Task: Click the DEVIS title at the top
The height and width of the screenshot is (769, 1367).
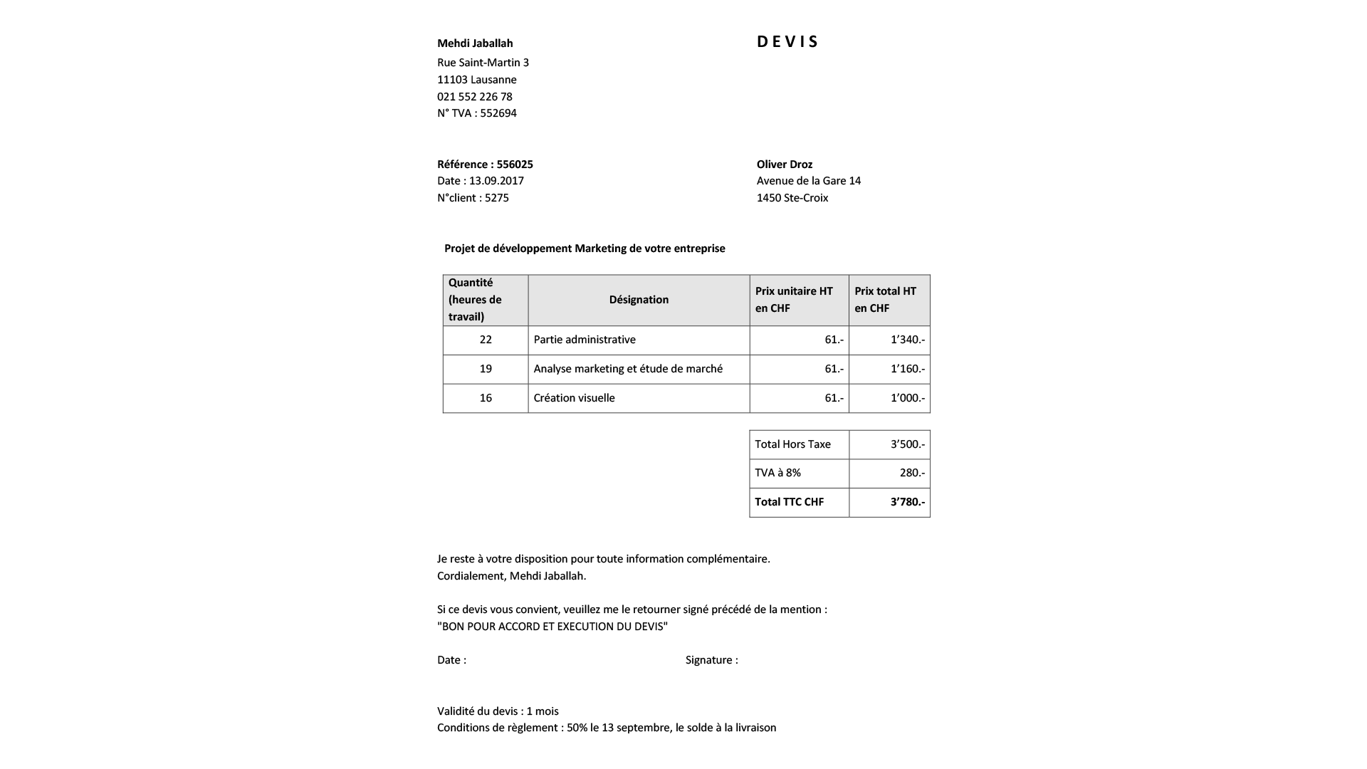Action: (x=787, y=42)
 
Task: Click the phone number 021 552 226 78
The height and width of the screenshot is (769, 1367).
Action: (x=475, y=97)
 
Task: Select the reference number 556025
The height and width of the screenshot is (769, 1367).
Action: (x=515, y=164)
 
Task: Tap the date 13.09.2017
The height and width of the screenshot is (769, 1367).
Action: (x=496, y=181)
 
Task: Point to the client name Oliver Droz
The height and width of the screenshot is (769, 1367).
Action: (x=785, y=164)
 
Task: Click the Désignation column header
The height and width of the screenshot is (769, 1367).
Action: (x=639, y=300)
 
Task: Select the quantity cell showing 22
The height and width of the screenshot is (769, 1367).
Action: (x=486, y=340)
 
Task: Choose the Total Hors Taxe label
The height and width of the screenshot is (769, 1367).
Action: (x=792, y=444)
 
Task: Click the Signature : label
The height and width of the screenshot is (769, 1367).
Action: (x=711, y=660)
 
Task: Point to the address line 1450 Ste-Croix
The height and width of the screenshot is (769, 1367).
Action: (x=792, y=198)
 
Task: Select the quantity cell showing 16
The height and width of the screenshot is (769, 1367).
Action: (x=486, y=398)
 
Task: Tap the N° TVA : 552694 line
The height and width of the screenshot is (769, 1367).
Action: (x=477, y=113)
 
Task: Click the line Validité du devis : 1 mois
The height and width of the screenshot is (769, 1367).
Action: (x=498, y=711)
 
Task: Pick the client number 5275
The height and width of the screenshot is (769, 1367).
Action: (x=497, y=198)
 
